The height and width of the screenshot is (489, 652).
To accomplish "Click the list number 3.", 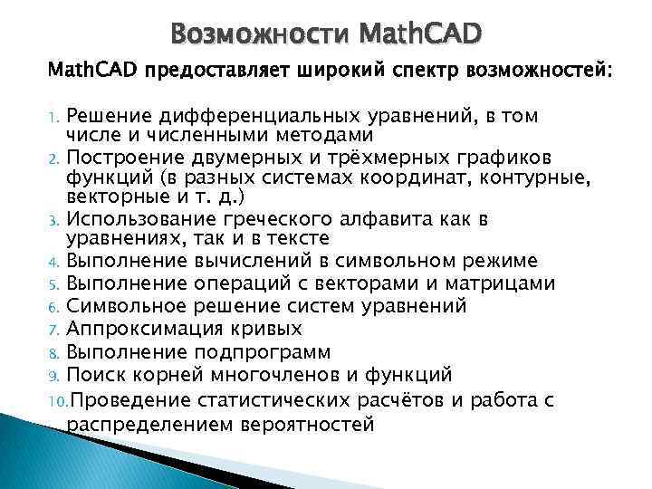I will click(x=53, y=219).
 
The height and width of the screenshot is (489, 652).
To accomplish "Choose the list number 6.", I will click(x=53, y=306).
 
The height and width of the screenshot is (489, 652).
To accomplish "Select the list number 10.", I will click(x=53, y=400).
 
